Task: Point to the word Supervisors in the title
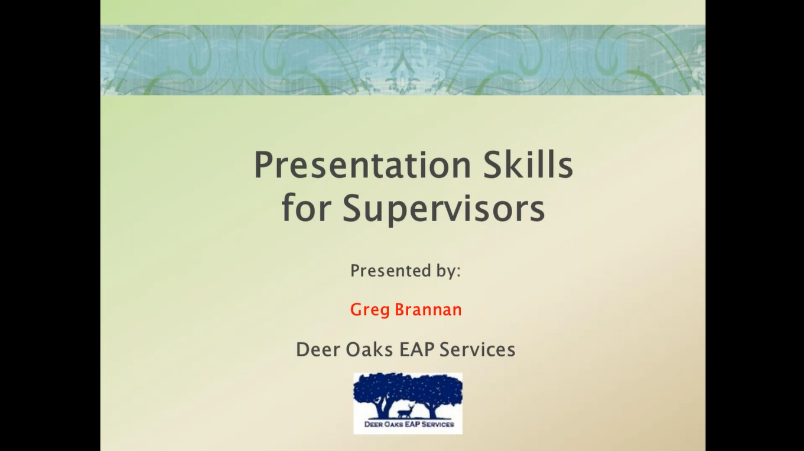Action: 444,209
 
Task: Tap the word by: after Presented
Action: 447,271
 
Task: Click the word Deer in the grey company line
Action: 318,349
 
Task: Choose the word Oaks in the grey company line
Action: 369,349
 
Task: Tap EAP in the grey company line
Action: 417,349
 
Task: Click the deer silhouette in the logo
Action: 404,411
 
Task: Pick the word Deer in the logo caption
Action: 373,424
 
